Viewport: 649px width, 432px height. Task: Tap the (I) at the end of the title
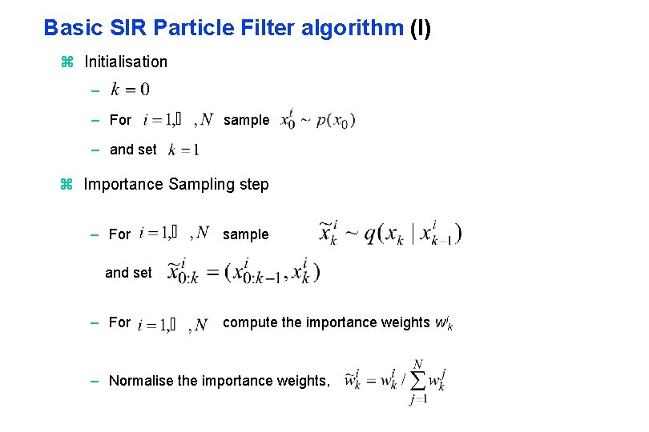coord(420,28)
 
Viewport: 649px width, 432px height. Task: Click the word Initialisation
coord(126,62)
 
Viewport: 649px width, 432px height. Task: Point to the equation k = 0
coord(130,89)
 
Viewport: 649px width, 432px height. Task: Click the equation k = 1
coord(183,150)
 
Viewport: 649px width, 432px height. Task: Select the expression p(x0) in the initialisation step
coord(336,121)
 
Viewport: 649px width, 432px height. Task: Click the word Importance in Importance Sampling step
coord(124,185)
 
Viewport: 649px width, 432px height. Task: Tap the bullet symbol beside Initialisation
coord(67,62)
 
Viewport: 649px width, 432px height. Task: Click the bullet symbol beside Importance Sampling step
coord(67,185)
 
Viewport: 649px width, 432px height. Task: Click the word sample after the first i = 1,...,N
coord(246,120)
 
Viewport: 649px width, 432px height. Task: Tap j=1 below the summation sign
coord(418,400)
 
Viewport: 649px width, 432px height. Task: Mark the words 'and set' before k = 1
coord(133,150)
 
